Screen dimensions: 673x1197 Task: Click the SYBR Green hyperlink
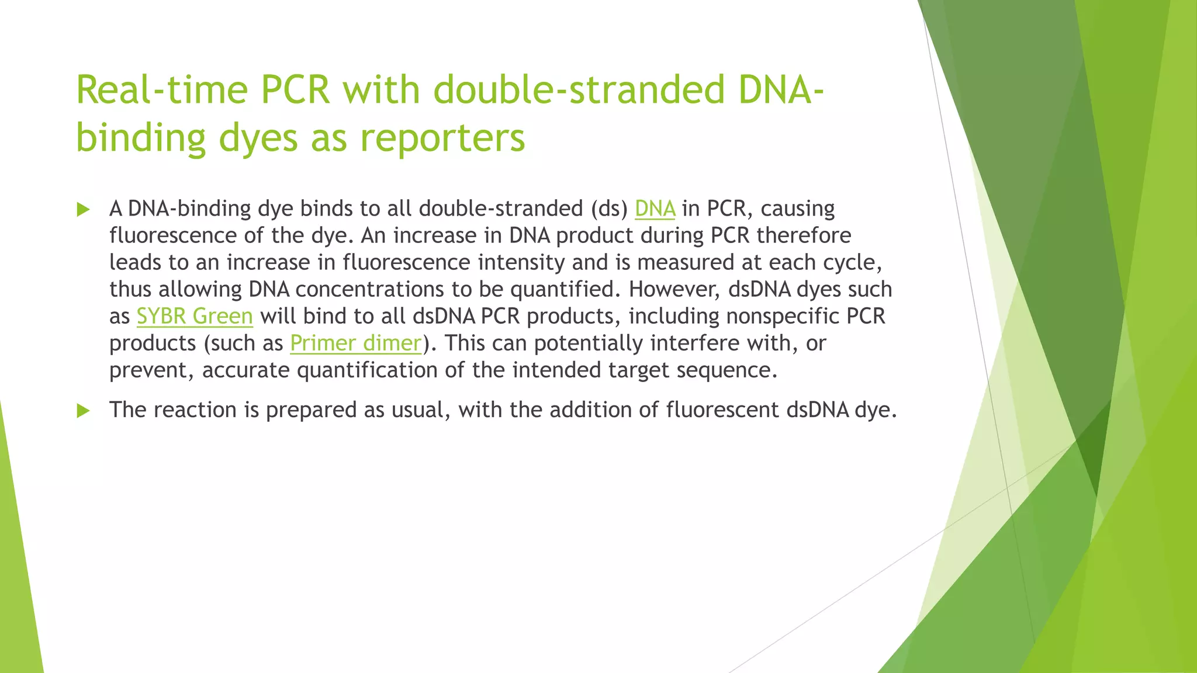[x=195, y=316]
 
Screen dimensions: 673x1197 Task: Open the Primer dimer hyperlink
[x=355, y=343]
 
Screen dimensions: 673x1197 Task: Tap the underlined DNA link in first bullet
[x=655, y=209]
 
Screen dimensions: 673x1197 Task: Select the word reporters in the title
[x=442, y=138]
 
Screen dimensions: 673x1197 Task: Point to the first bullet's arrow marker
[x=83, y=209]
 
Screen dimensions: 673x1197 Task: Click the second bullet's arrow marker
[x=83, y=411]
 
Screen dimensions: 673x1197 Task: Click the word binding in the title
[x=141, y=138]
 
